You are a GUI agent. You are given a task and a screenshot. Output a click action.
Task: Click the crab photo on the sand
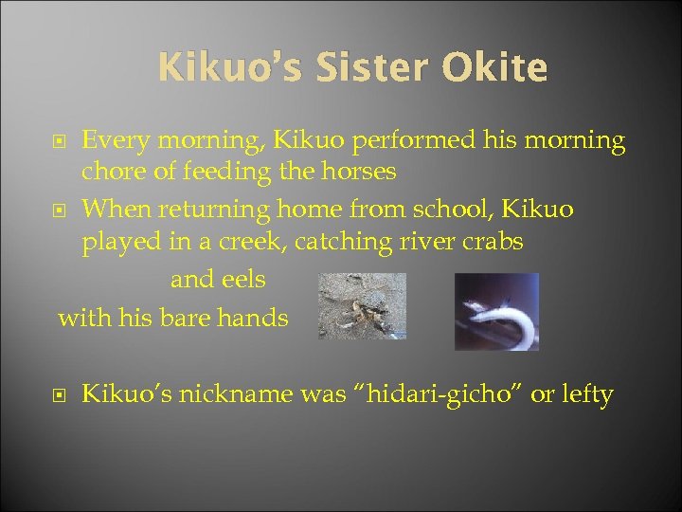click(x=362, y=305)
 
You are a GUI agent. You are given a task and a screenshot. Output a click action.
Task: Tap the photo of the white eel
click(x=496, y=310)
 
